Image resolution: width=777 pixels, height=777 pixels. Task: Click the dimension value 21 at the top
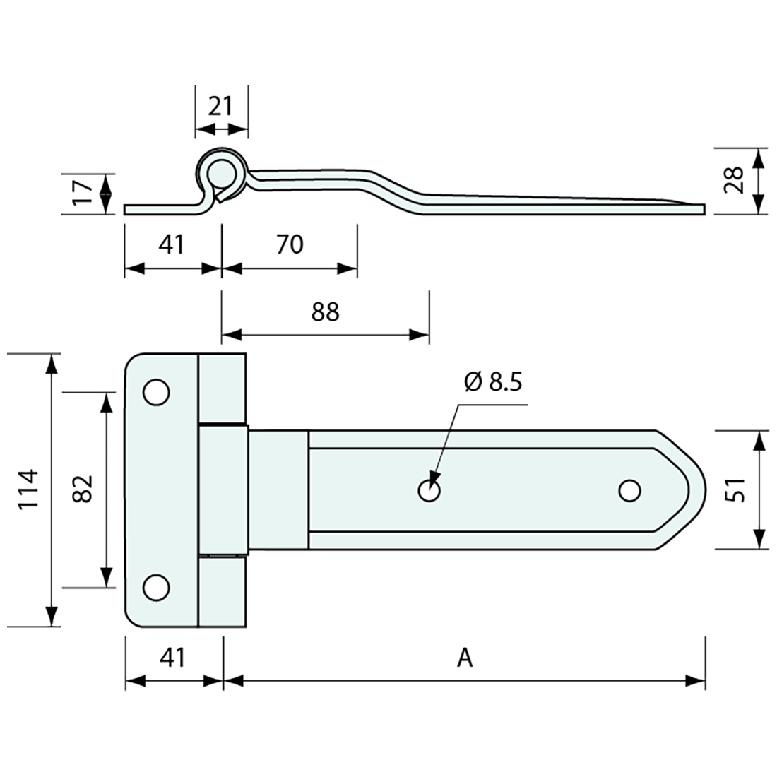tap(221, 106)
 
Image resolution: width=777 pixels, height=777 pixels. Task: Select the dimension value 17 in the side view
tap(83, 192)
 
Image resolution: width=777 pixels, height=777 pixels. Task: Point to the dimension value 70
tap(290, 244)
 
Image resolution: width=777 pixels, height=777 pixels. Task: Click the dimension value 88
tap(325, 312)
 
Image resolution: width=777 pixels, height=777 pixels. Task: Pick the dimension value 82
tap(83, 489)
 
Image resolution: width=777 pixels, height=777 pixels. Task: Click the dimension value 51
tap(735, 489)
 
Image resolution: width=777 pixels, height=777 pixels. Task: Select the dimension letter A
tap(464, 658)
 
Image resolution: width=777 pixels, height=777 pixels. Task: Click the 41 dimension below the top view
tap(172, 658)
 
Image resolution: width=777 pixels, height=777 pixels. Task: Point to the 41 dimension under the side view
tap(172, 244)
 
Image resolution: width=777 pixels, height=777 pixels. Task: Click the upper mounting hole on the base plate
tap(156, 392)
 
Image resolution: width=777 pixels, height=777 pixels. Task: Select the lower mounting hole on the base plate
tap(156, 587)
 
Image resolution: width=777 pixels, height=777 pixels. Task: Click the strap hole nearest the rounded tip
tap(629, 490)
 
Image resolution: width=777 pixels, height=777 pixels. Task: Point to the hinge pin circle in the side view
tap(221, 172)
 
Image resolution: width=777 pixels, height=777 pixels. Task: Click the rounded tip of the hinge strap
tap(699, 489)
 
